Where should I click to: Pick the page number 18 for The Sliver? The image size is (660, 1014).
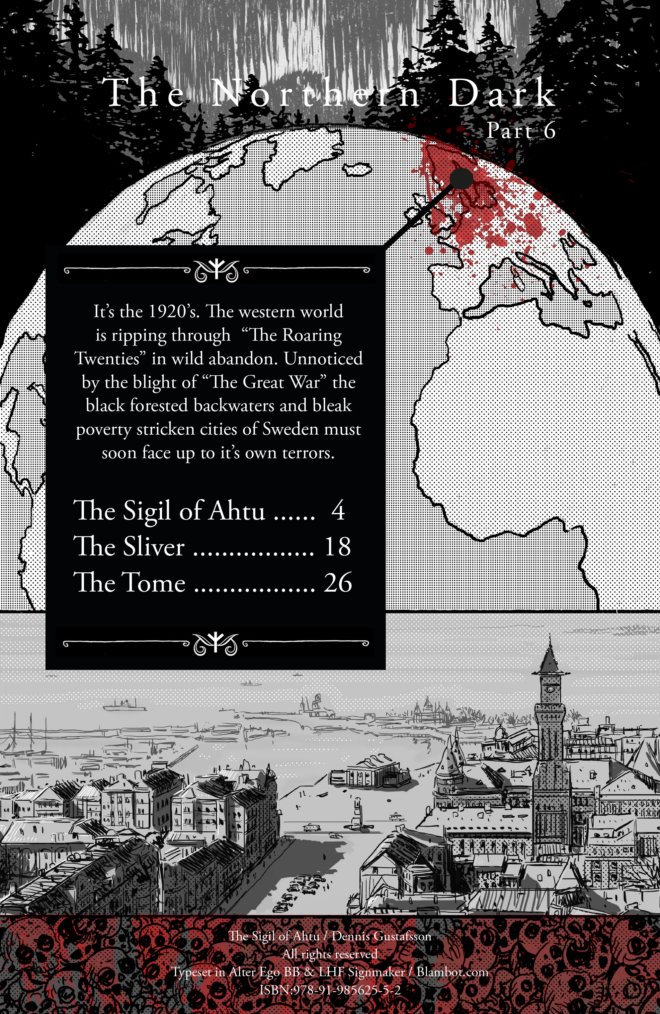(337, 546)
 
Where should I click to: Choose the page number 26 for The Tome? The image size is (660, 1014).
(338, 582)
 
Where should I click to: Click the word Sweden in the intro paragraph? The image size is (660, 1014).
(290, 429)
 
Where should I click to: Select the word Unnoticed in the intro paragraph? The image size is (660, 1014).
(323, 358)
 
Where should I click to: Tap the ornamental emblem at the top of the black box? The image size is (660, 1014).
(216, 270)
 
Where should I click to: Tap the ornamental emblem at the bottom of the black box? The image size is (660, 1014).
(215, 644)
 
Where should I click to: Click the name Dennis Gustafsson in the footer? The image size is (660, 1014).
(381, 936)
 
